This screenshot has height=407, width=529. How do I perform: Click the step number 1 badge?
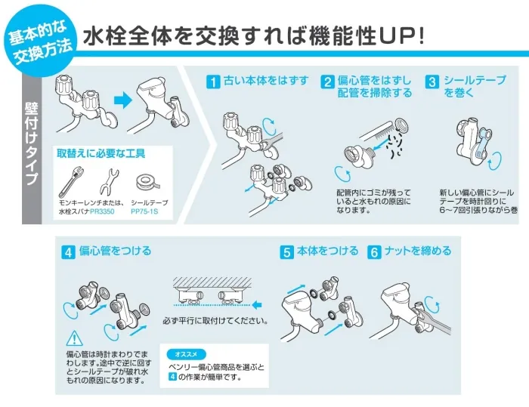tap(213, 82)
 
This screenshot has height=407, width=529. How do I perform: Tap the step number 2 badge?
tap(327, 82)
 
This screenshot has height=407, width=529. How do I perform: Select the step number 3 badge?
tap(432, 82)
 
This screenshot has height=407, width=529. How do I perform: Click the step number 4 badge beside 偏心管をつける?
tap(68, 252)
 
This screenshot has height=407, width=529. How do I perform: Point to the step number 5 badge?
tap(286, 252)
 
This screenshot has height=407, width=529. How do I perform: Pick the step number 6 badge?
tap(374, 252)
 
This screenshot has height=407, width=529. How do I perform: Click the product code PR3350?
tap(102, 211)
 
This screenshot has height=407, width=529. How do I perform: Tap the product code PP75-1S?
tap(144, 211)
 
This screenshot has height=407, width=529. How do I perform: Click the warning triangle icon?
tap(74, 338)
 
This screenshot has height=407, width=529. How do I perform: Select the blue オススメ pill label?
tap(186, 354)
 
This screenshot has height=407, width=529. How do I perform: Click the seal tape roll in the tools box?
tap(148, 183)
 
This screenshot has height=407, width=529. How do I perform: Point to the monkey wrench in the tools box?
tap(70, 181)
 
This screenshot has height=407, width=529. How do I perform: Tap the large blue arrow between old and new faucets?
tap(123, 100)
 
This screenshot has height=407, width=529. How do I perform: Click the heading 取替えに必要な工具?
tap(101, 154)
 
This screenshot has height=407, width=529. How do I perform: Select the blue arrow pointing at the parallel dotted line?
tap(257, 305)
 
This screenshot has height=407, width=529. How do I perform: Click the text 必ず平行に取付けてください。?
tap(215, 320)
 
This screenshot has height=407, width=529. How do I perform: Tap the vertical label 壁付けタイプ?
tap(32, 143)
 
